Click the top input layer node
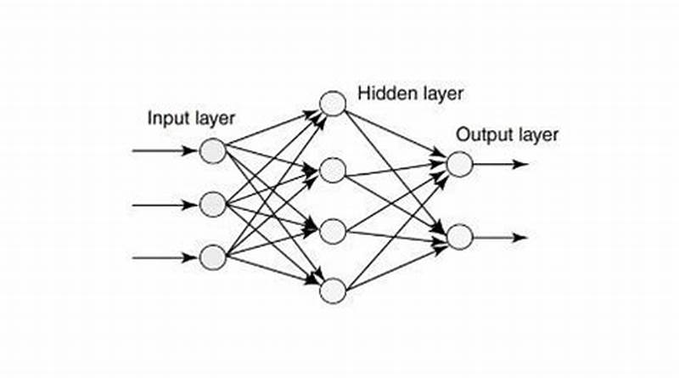tap(212, 151)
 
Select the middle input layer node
tap(212, 204)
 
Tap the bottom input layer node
tap(212, 257)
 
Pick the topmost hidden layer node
tap(333, 104)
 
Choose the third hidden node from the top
tap(333, 231)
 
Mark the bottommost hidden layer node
tap(333, 291)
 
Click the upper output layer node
tap(459, 164)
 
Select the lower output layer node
tap(459, 237)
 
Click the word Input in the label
tap(166, 118)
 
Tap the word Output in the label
tap(480, 133)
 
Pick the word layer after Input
tap(213, 118)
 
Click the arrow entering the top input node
tap(165, 151)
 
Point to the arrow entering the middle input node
tap(165, 204)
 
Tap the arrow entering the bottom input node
tap(165, 257)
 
